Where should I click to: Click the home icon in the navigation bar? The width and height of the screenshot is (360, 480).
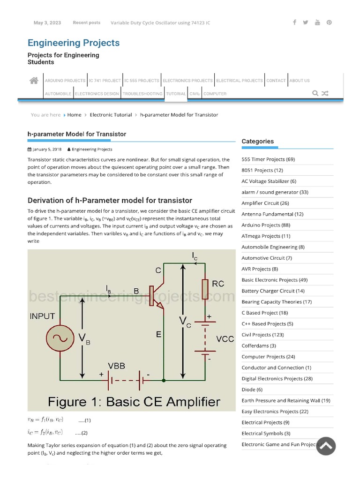click(x=34, y=81)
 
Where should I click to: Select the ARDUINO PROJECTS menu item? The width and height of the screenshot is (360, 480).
click(x=65, y=81)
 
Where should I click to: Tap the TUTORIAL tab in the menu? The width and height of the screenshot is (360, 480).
click(x=176, y=94)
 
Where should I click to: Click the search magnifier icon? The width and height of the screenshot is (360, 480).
click(x=315, y=93)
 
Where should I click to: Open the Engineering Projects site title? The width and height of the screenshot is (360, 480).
click(x=74, y=43)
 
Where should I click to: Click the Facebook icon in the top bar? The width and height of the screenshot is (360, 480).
click(x=294, y=22)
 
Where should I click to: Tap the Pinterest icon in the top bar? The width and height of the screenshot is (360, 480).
click(x=329, y=22)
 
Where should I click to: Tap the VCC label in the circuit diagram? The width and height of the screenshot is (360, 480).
click(x=225, y=339)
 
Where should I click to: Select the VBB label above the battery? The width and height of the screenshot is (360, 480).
click(x=116, y=366)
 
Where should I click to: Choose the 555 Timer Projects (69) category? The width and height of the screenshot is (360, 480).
click(x=268, y=159)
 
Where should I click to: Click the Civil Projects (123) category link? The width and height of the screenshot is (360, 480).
click(x=262, y=335)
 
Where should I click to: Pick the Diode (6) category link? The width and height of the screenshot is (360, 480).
click(x=252, y=390)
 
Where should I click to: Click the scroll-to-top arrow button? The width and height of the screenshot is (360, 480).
click(x=326, y=446)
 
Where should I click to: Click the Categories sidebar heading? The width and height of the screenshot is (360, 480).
click(x=257, y=141)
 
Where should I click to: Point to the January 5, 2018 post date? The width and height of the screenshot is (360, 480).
click(x=47, y=150)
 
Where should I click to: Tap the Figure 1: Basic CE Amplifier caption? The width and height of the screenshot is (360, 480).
click(x=134, y=402)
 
